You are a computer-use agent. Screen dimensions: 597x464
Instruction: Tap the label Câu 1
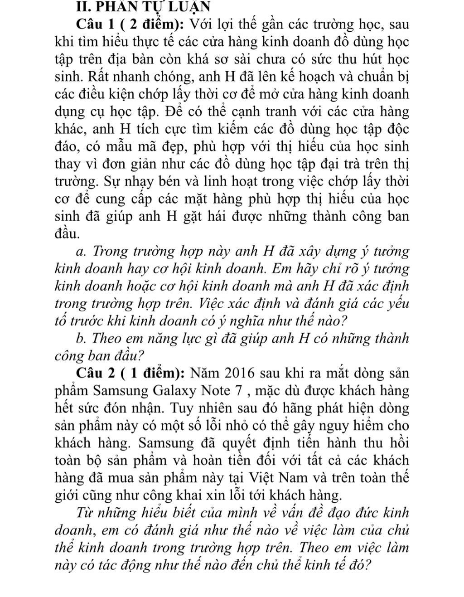[93, 23]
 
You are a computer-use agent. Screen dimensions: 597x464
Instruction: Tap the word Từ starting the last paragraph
[84, 513]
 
